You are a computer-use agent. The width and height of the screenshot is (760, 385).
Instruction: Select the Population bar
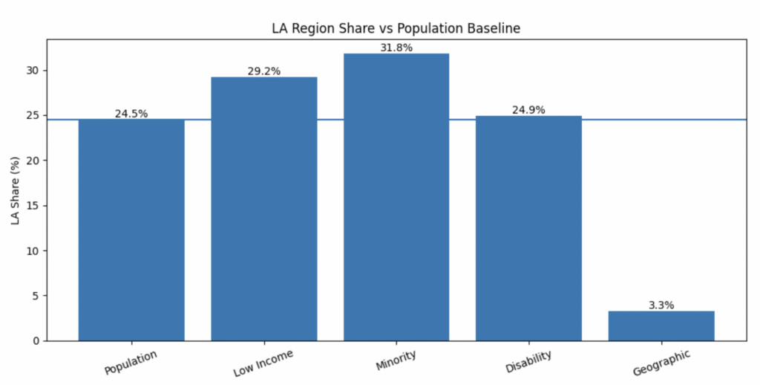[131, 230]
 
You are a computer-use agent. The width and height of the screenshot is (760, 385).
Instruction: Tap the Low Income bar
[263, 209]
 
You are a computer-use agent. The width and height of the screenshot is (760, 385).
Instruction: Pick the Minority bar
[396, 197]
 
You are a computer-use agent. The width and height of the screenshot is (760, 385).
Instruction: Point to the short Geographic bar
[661, 326]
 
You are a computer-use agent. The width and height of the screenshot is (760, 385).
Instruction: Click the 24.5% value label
[131, 114]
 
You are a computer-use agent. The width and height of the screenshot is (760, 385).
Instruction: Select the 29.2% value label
[263, 71]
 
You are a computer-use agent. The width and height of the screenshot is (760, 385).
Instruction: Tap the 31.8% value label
[396, 48]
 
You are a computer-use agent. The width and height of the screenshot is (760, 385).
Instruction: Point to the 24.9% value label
[528, 110]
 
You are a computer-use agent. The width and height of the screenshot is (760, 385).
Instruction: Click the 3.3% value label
[661, 305]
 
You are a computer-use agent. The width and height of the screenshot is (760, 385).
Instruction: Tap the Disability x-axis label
[528, 362]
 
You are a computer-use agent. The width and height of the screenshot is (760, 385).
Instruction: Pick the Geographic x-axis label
[661, 363]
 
